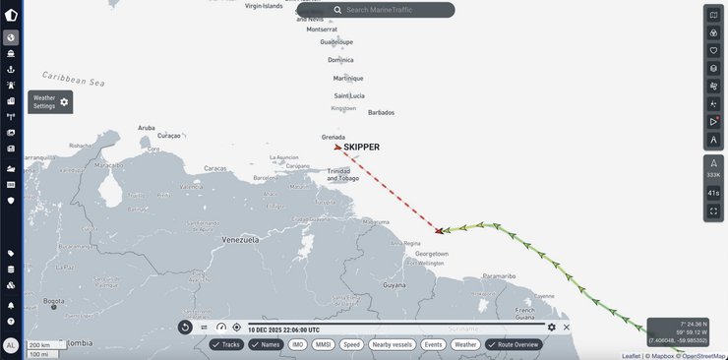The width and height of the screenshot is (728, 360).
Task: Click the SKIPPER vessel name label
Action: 361,148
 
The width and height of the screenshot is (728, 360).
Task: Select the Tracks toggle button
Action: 226,344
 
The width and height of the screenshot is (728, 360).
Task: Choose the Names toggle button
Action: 266,344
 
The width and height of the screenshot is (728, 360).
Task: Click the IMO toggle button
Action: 297,344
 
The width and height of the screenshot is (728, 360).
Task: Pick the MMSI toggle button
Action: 324,344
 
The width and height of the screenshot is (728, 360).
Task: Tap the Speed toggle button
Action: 352,344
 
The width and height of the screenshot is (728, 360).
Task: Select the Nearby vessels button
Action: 393,344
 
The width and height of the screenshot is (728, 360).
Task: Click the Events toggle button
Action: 433,344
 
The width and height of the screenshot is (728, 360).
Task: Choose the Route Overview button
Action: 514,344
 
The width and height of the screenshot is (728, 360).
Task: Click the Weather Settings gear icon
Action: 65,101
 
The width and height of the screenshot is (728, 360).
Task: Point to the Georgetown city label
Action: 430,254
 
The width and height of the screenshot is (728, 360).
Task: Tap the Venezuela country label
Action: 240,240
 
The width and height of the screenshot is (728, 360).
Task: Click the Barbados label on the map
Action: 381,112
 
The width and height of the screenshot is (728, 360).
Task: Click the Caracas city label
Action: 215,168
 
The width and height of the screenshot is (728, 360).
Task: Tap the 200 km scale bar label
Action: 40,345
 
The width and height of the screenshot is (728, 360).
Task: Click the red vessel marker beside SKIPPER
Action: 338,147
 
